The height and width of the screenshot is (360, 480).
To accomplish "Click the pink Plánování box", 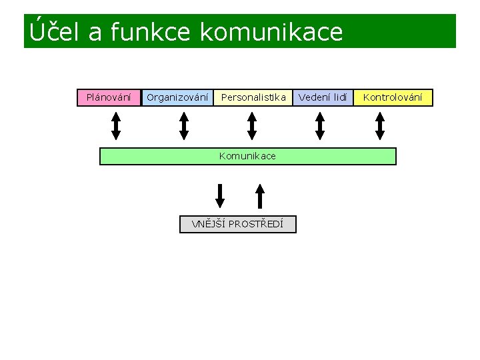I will click(109, 98).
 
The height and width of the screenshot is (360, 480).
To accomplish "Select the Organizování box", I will click(177, 98).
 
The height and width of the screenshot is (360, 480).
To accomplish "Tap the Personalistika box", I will click(253, 98).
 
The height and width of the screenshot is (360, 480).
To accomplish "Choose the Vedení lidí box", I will click(323, 98).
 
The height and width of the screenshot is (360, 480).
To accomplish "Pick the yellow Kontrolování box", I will click(393, 98).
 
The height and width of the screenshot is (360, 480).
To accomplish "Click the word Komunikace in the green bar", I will click(247, 156).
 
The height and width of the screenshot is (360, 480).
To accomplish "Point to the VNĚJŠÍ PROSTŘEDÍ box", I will click(238, 224).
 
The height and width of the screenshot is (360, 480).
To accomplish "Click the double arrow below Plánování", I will click(116, 125).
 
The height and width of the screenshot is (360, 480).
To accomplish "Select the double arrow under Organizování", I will click(185, 125).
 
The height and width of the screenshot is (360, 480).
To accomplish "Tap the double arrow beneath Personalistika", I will click(252, 125).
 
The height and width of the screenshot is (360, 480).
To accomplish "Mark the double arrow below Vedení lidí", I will click(320, 125).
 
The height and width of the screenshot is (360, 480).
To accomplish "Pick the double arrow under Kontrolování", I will click(380, 125).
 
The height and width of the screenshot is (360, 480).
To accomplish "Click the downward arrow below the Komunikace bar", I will click(220, 195).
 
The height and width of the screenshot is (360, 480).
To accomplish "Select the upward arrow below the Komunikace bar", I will click(261, 195).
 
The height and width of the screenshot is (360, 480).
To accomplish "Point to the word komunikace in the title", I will click(271, 31).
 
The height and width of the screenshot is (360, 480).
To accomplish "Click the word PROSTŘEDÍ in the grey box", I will click(256, 224).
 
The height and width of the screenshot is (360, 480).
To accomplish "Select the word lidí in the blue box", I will click(339, 98).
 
